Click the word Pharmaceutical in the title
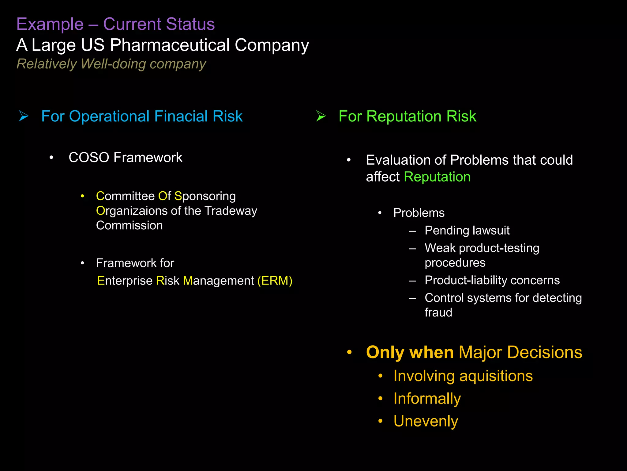(x=170, y=45)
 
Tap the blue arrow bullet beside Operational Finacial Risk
(x=24, y=116)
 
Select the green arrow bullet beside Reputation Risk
(x=321, y=116)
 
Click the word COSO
(x=89, y=158)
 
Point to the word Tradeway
(x=231, y=211)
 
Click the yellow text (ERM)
(x=275, y=281)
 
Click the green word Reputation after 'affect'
(x=437, y=177)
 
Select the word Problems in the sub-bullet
(x=419, y=213)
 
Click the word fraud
(x=438, y=312)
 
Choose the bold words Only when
(x=410, y=352)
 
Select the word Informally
(x=427, y=399)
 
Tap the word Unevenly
(x=426, y=421)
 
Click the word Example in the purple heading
(x=50, y=24)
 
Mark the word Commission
(x=129, y=226)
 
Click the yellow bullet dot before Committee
(x=82, y=196)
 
